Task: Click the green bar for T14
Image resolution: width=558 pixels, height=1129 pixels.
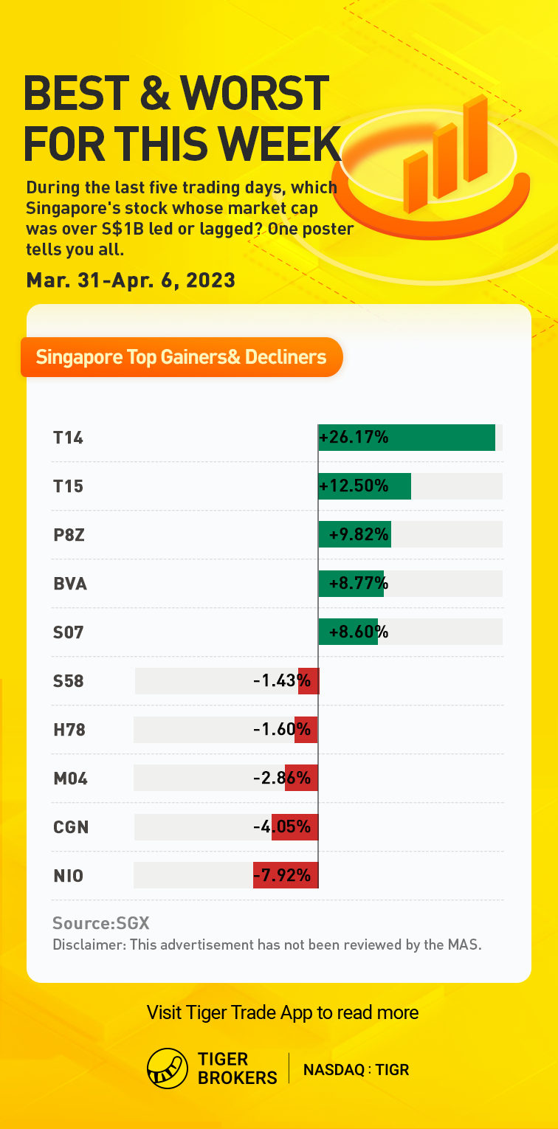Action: pos(443,438)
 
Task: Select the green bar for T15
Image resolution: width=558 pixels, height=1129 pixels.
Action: pos(399,486)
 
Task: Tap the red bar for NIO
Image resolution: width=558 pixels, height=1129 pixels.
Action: pos(286,876)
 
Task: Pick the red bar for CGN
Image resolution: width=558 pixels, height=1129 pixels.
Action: pos(294,827)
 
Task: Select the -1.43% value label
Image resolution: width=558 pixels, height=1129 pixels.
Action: pos(281,681)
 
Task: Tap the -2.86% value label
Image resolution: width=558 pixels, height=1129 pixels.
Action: pos(281,778)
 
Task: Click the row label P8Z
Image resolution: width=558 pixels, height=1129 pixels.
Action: pos(69,535)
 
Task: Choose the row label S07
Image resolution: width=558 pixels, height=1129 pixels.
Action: pos(69,632)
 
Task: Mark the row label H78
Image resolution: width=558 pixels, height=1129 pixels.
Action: pos(69,730)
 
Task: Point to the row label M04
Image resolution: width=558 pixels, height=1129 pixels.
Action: pos(70,778)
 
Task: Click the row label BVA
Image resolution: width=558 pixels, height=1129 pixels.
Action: pos(70,584)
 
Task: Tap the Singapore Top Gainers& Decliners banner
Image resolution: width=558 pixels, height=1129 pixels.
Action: pos(182,358)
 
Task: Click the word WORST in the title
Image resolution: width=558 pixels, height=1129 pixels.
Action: pos(255,94)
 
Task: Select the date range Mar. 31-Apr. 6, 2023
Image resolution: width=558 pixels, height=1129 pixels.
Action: pos(131,280)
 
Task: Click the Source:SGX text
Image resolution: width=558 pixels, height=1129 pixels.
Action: pos(101,923)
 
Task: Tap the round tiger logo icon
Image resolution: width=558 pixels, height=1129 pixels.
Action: pos(168,1068)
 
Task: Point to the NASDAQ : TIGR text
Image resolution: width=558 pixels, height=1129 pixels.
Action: pos(356,1069)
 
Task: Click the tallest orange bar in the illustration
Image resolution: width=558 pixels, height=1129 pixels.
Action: pos(476,140)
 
